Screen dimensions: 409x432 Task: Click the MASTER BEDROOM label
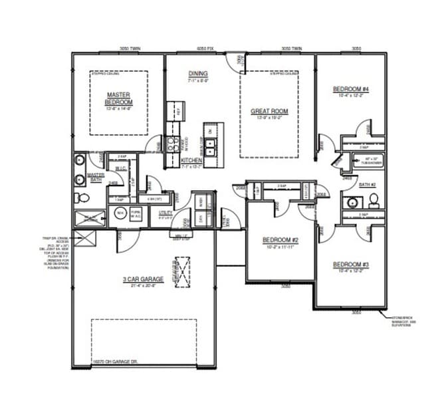[x=119, y=98]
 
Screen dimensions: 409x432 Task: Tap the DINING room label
[x=198, y=74]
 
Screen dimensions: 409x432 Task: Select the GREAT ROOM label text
[x=269, y=112]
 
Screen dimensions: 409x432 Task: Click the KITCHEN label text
[x=191, y=160]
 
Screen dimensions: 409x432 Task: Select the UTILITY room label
[x=165, y=212]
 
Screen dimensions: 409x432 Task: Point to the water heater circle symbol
[x=120, y=213]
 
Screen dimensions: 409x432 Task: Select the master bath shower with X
[x=90, y=218]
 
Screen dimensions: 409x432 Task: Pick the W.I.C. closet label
[x=121, y=169]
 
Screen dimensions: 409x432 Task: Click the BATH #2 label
[x=367, y=184]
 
